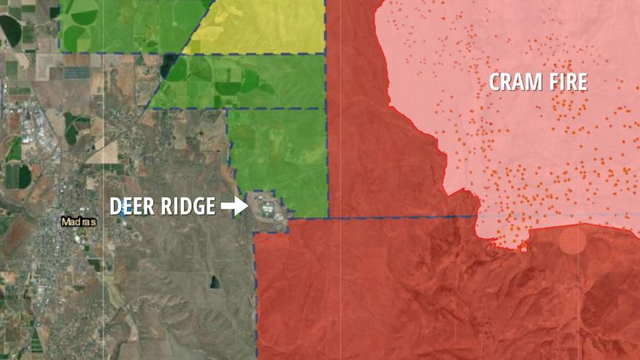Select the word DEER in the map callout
pos(132,207)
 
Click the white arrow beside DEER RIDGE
pos(234,207)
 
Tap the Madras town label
pos(78,222)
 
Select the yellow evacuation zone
pos(259,27)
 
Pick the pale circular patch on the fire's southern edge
pos(573,240)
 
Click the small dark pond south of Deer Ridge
pos(215,282)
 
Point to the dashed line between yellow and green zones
pos(252,53)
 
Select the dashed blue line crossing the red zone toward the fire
pos(403,216)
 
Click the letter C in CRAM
pos(497,82)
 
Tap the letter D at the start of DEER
pos(115,207)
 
